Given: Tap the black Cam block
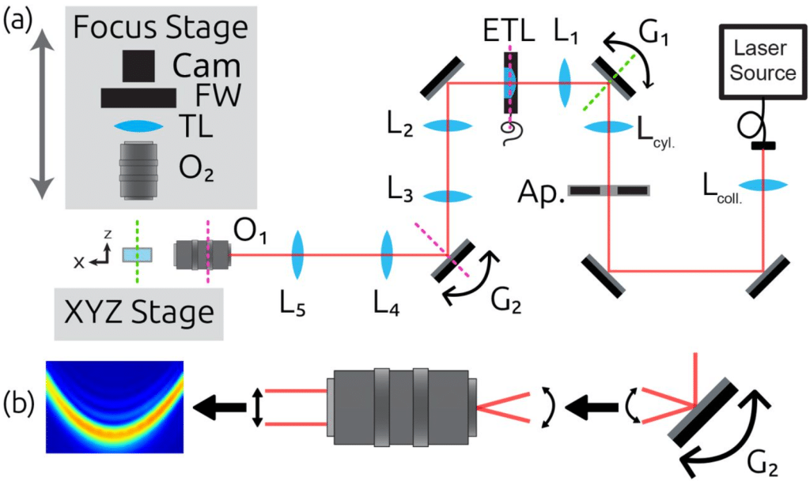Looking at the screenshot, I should [139, 66].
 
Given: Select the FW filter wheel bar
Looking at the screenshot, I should [138, 97].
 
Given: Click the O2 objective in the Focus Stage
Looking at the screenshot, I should [139, 170].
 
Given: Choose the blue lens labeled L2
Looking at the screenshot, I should [449, 126].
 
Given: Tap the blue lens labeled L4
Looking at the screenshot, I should [388, 254].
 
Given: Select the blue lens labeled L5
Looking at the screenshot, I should [298, 254].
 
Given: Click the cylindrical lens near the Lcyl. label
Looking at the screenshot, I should [607, 126].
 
